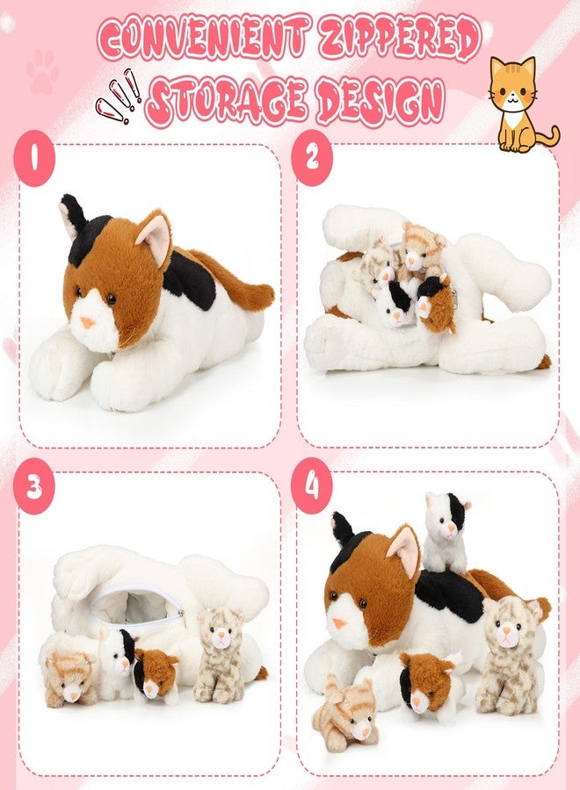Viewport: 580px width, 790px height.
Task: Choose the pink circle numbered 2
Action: click(312, 158)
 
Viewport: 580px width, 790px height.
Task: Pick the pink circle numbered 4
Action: click(312, 485)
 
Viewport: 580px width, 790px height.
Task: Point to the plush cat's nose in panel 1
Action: click(88, 322)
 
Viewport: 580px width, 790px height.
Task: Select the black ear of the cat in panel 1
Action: click(73, 215)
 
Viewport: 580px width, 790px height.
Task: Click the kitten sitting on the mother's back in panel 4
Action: click(446, 532)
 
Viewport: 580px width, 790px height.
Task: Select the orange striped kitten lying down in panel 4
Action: click(344, 714)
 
